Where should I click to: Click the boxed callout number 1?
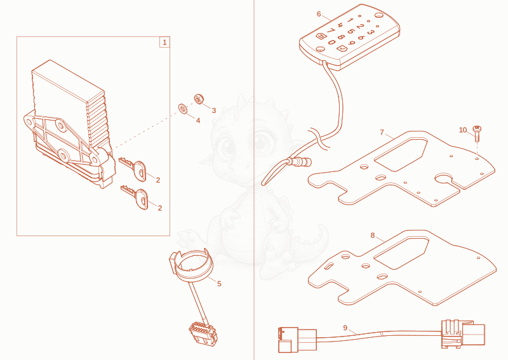pyautogui.click(x=164, y=42)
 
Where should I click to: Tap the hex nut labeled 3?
pyautogui.click(x=199, y=98)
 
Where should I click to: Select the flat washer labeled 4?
pyautogui.click(x=183, y=109)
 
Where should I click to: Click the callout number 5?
pyautogui.click(x=219, y=284)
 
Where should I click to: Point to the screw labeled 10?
pyautogui.click(x=477, y=133)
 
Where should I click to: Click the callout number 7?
pyautogui.click(x=382, y=132)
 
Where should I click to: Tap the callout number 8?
pyautogui.click(x=373, y=236)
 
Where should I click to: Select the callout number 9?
pyautogui.click(x=345, y=328)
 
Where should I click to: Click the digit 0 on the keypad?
pyautogui.click(x=331, y=42)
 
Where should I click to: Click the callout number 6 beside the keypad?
pyautogui.click(x=319, y=14)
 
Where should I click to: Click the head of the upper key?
pyautogui.click(x=140, y=171)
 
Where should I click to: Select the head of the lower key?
pyautogui.click(x=142, y=199)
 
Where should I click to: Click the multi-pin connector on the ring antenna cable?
pyautogui.click(x=203, y=332)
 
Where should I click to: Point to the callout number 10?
pyautogui.click(x=463, y=130)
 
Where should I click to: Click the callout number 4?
pyautogui.click(x=198, y=121)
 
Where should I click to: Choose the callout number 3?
pyautogui.click(x=214, y=110)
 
